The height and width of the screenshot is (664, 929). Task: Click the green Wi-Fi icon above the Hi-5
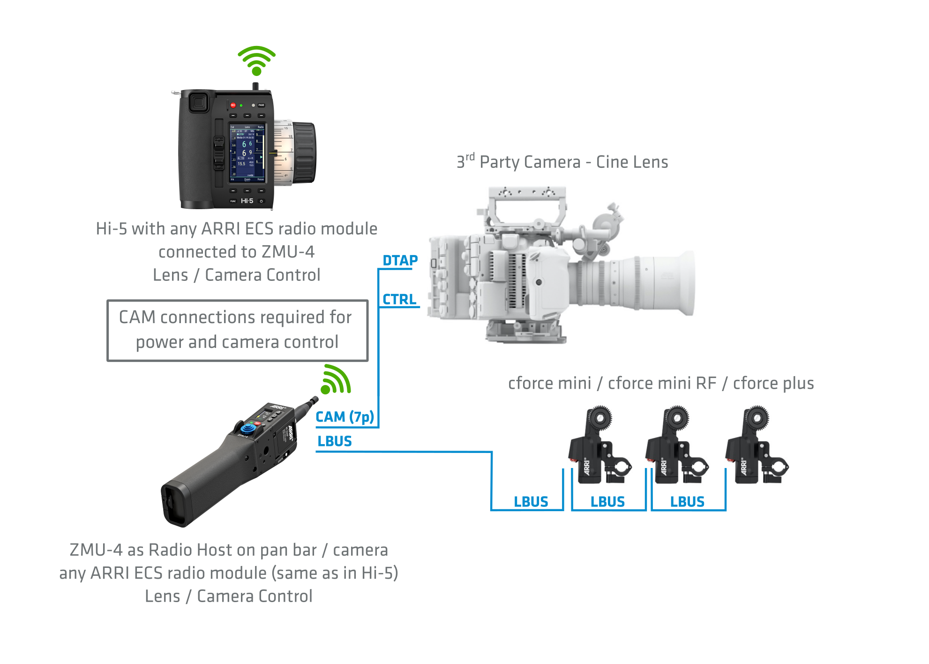(256, 61)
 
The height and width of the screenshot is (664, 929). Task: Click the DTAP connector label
(400, 260)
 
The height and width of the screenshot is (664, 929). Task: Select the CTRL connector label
(399, 299)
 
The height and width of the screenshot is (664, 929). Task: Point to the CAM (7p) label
(345, 416)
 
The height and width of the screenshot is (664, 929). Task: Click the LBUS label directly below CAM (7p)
(335, 441)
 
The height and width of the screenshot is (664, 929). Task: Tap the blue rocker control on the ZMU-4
(248, 428)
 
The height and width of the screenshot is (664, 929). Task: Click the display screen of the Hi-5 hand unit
(247, 152)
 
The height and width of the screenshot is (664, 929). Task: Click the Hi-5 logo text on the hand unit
(247, 201)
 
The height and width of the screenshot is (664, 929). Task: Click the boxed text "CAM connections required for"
(235, 317)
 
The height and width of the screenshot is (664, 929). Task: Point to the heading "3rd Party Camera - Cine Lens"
(562, 162)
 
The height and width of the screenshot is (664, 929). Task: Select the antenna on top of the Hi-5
(255, 86)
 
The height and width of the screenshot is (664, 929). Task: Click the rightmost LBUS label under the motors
(687, 502)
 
